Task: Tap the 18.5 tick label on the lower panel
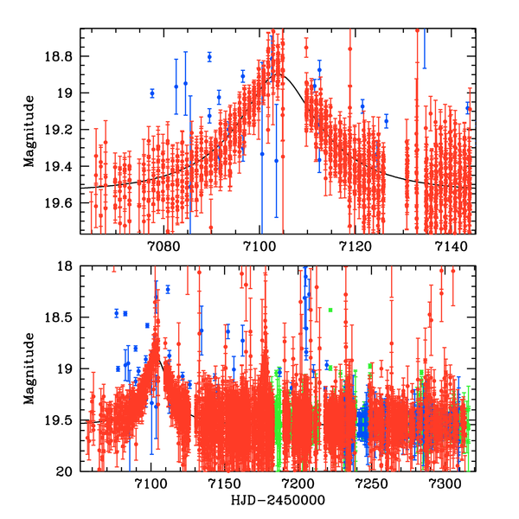[x=63, y=317]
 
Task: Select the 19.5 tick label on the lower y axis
[x=63, y=420]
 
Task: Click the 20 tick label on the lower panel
[x=67, y=471]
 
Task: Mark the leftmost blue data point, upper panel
[x=152, y=93]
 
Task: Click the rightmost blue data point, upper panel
[x=468, y=108]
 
